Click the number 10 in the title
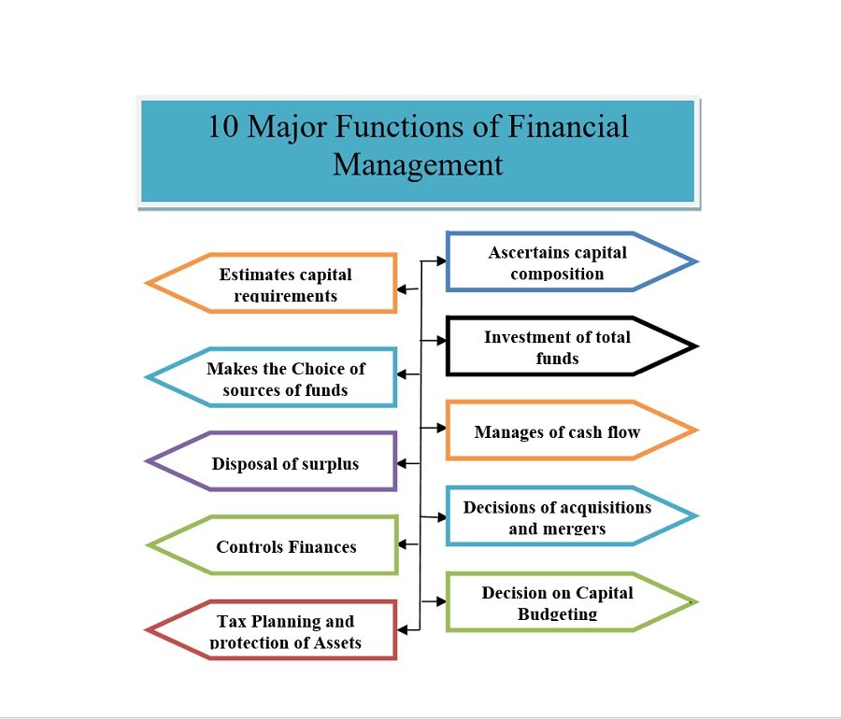point(223,126)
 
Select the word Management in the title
point(418,164)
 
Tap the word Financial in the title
point(567,126)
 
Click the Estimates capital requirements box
point(285,284)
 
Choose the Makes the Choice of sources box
point(285,378)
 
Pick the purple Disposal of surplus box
point(285,463)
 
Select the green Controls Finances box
point(286,546)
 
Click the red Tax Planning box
point(285,631)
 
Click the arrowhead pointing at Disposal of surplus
point(402,463)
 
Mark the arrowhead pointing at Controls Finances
point(402,543)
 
